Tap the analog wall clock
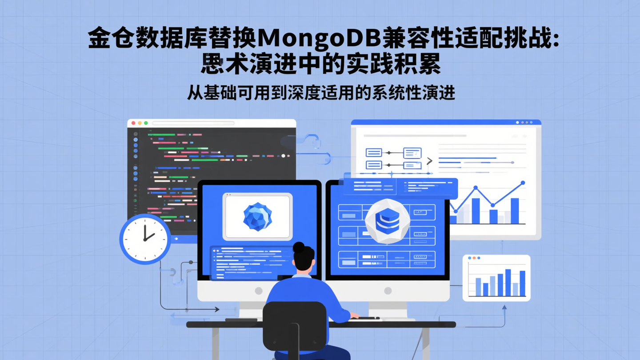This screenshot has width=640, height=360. tap(145, 239)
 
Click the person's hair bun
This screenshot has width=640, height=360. tap(299, 247)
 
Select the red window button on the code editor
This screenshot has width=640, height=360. tap(133, 123)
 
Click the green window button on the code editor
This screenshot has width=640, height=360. tap(146, 123)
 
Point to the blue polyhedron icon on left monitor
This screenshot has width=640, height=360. tap(257, 216)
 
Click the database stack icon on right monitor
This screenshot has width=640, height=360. tap(388, 221)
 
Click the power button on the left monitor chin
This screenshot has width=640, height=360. tap(258, 291)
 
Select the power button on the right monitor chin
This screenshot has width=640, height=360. tap(388, 291)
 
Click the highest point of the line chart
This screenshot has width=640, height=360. tap(523, 183)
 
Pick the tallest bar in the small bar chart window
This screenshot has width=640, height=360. tap(508, 282)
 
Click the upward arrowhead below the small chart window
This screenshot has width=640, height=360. tap(504, 307)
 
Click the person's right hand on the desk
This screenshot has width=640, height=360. tap(354, 316)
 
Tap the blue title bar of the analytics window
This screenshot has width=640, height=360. tap(446, 122)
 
